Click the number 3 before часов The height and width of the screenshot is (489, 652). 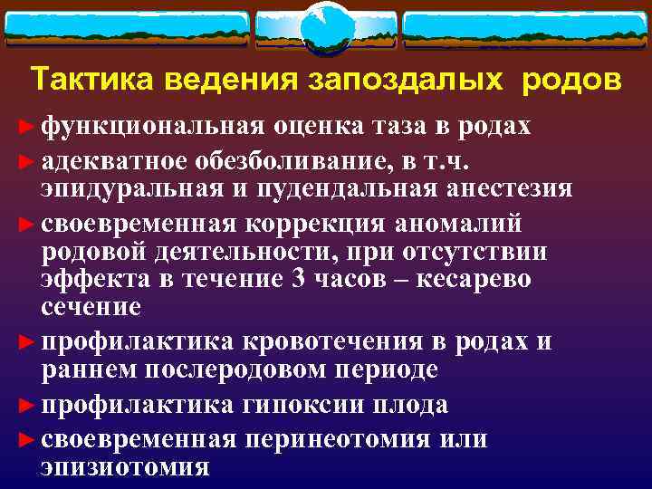point(300,279)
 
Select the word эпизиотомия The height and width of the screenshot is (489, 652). point(124,467)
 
